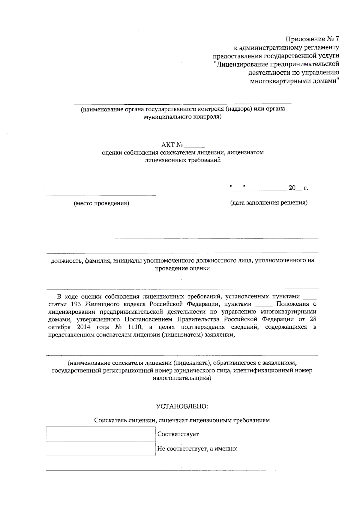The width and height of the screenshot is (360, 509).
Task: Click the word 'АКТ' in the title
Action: (168, 145)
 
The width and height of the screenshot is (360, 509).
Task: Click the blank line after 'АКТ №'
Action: (194, 147)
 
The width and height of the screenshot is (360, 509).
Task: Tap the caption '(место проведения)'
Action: (101, 203)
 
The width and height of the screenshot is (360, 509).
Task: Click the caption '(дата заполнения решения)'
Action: (268, 203)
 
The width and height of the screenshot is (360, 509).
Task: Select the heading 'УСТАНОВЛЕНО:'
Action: (182, 406)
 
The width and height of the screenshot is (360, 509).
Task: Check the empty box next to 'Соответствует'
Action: (100, 434)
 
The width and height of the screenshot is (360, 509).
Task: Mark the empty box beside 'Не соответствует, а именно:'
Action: (100, 448)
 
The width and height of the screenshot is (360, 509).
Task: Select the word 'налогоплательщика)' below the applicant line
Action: (182, 379)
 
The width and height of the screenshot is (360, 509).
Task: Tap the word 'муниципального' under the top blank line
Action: (166, 117)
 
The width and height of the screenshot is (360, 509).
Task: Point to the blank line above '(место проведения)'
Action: (101, 196)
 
